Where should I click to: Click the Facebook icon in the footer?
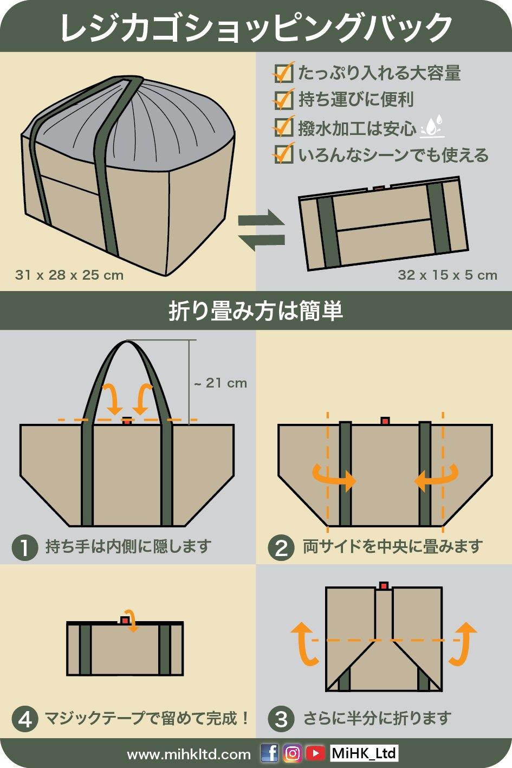[270, 753]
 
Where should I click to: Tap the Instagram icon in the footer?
[293, 753]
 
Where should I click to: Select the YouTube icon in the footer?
[315, 753]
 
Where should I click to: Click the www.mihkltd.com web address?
[189, 754]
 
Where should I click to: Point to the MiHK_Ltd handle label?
[364, 753]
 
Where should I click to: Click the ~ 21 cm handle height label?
[221, 383]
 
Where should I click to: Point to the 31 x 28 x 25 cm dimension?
[69, 275]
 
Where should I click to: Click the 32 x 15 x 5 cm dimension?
[448, 275]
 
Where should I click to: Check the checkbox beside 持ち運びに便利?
[284, 99]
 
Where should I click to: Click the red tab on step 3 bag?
[384, 586]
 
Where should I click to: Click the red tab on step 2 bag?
[385, 421]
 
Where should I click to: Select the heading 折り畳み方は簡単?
[256, 311]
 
